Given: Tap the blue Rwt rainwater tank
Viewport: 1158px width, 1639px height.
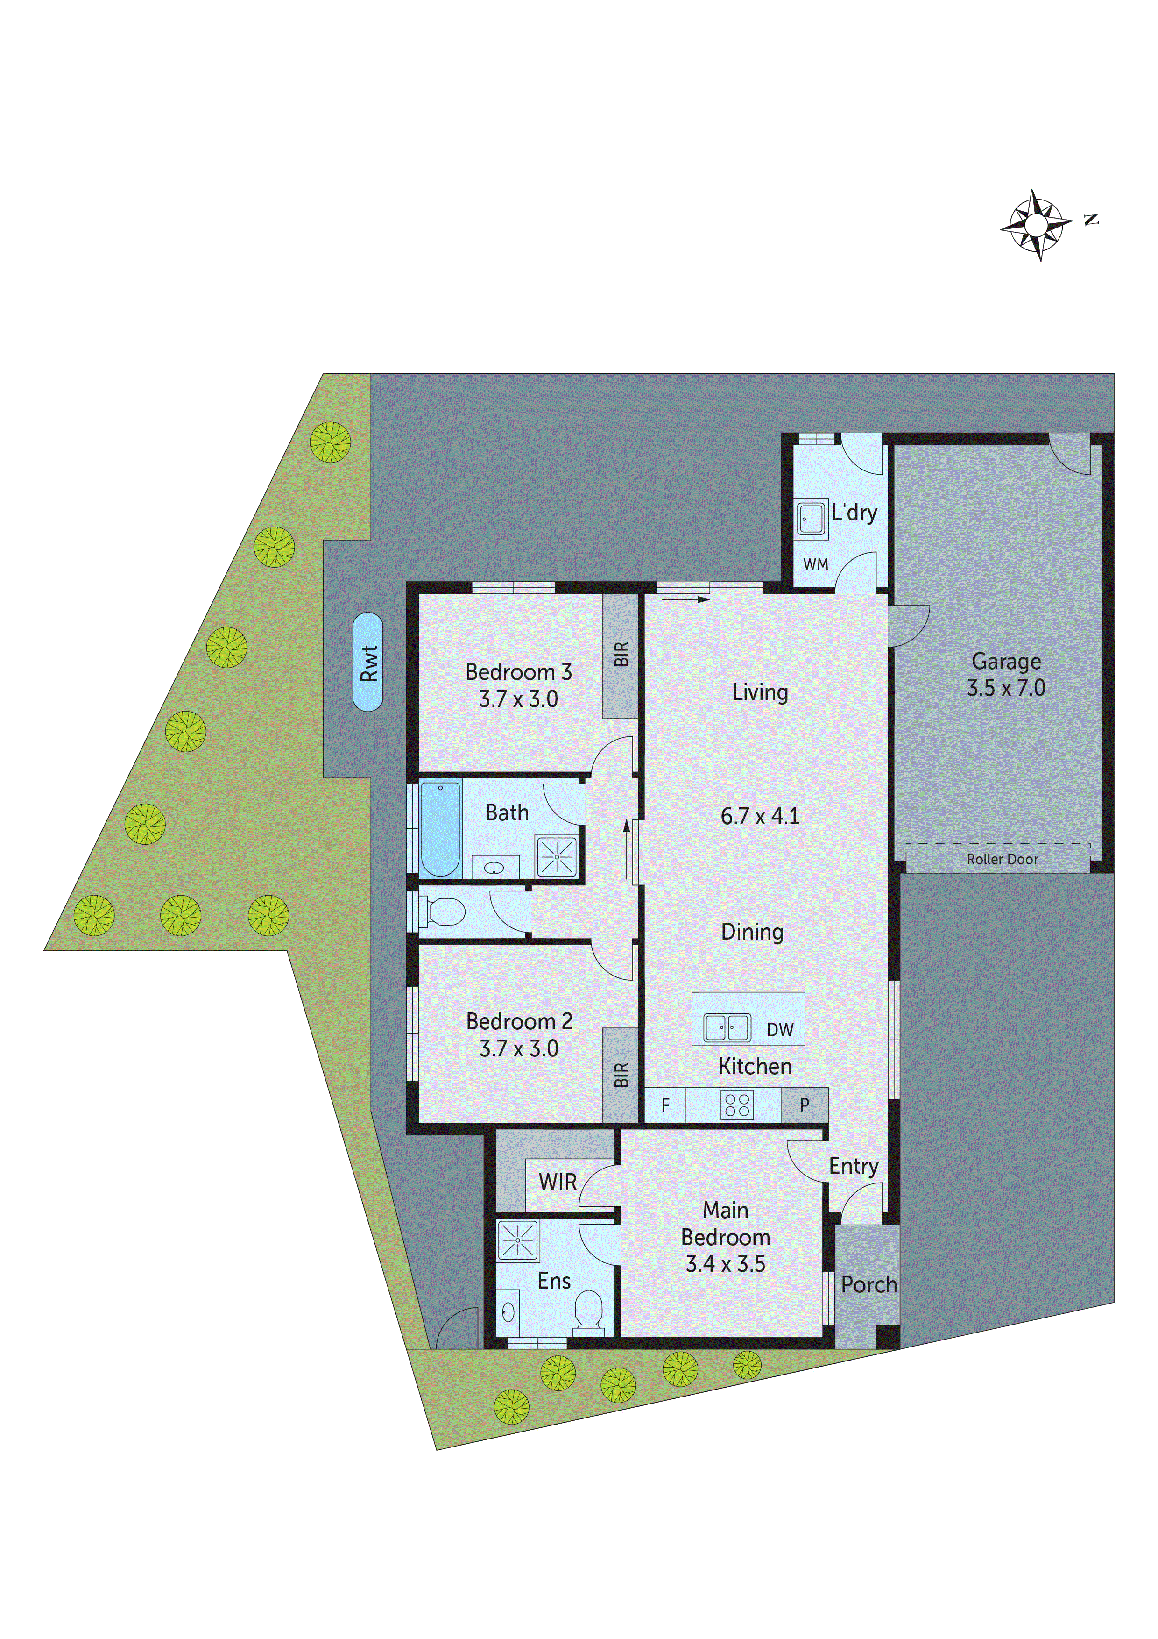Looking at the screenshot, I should (x=368, y=662).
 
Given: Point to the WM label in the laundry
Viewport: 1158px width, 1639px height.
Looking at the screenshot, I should (x=816, y=564).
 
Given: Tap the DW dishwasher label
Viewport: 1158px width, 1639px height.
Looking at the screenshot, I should (x=780, y=1029).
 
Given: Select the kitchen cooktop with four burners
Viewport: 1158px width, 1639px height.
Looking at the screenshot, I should (x=737, y=1105).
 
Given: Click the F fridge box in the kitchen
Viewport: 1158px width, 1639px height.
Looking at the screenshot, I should (x=665, y=1105).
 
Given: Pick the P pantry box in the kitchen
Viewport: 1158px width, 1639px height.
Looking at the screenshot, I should (x=804, y=1105).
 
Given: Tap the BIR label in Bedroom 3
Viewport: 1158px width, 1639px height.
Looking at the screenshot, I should (x=621, y=654).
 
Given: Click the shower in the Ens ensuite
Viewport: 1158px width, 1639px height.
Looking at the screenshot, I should (x=518, y=1240).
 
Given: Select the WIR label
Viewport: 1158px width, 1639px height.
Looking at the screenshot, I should (x=557, y=1182).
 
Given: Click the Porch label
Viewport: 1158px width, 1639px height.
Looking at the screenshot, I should (x=868, y=1285).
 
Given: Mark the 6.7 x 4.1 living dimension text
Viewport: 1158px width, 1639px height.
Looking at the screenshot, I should (x=759, y=816).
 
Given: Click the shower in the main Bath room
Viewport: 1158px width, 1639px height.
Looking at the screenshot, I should (x=557, y=856).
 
